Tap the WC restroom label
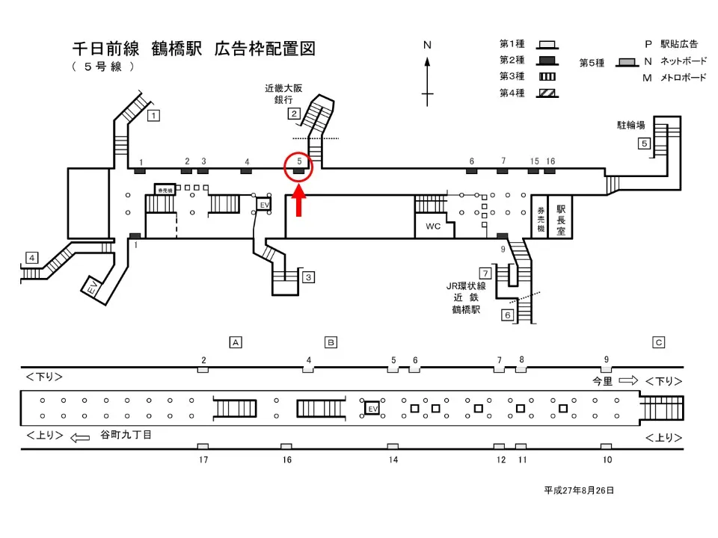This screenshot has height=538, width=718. (433, 226)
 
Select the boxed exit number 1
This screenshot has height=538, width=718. (153, 115)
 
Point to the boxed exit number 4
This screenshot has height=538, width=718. (31, 258)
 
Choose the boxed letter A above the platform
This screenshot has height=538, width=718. (236, 342)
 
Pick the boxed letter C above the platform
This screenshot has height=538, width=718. (659, 342)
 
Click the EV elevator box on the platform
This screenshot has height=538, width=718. (372, 409)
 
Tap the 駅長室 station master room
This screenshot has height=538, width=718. (561, 217)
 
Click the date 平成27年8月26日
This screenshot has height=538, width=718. (579, 490)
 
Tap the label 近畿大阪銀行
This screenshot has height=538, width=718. (283, 93)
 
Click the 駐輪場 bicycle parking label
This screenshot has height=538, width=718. (631, 125)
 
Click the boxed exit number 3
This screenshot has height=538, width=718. (308, 277)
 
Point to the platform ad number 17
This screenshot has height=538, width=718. (203, 460)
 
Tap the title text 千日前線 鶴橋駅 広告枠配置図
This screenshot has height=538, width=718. (193, 49)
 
